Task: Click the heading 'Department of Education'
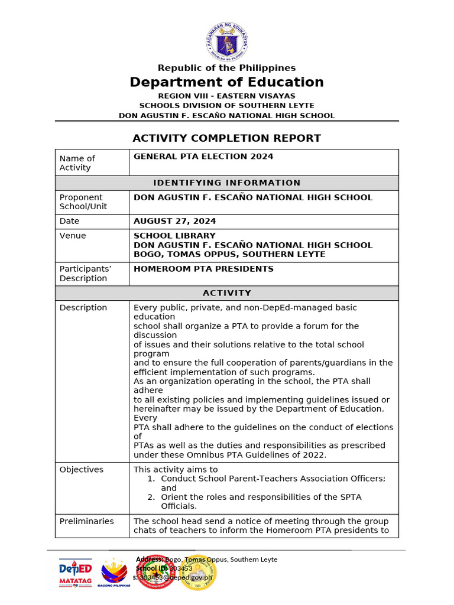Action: (227, 82)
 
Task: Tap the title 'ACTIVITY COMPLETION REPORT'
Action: (227, 138)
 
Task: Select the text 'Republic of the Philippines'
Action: (227, 68)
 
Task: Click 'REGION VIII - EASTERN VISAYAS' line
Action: (227, 96)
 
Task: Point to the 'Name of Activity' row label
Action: (77, 163)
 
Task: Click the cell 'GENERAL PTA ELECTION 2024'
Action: (203, 157)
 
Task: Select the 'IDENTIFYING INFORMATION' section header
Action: (227, 183)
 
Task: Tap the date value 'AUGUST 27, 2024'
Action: (175, 222)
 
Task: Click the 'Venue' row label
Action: (73, 236)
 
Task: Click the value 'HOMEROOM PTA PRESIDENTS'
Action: (203, 269)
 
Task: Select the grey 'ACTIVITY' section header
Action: (227, 293)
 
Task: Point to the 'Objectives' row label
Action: (82, 470)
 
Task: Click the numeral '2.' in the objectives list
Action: (151, 497)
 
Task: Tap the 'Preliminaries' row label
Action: (87, 521)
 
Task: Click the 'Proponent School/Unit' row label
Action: (81, 202)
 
